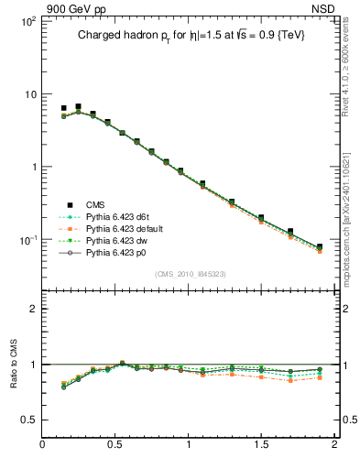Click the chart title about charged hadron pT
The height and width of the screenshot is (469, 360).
coord(191,35)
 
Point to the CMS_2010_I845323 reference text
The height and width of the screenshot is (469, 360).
coord(191,273)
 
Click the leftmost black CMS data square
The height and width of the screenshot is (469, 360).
coord(63,108)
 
